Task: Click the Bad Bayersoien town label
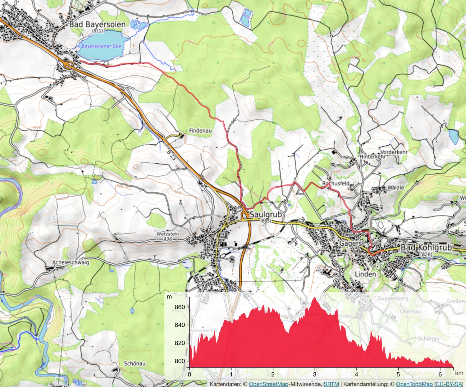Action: click(97, 24)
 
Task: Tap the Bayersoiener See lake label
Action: click(101, 46)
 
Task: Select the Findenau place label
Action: click(200, 130)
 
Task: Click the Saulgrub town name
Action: click(266, 214)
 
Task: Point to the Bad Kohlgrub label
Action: click(426, 248)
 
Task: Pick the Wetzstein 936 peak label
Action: click(167, 236)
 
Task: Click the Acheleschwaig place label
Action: click(71, 262)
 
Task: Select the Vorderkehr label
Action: click(394, 152)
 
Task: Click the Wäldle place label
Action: click(395, 188)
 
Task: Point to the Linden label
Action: click(365, 274)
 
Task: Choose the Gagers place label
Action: click(350, 243)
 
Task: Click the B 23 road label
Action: click(171, 155)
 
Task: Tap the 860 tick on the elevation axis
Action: click(180, 307)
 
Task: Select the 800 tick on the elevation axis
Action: click(180, 361)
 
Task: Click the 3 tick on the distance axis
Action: click(315, 374)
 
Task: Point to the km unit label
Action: click(459, 373)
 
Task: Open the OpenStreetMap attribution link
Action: click(268, 384)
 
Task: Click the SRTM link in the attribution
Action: click(331, 384)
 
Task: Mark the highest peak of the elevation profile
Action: click(315, 298)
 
